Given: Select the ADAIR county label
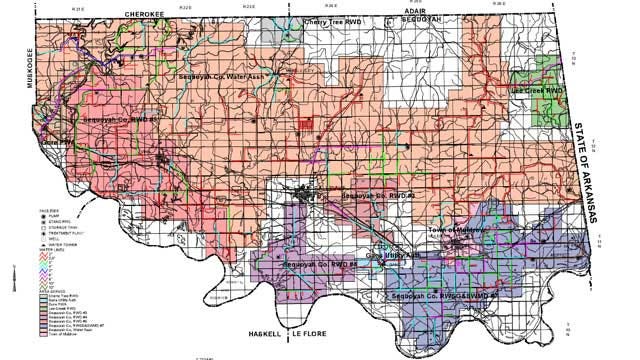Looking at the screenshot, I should coord(414,6).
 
